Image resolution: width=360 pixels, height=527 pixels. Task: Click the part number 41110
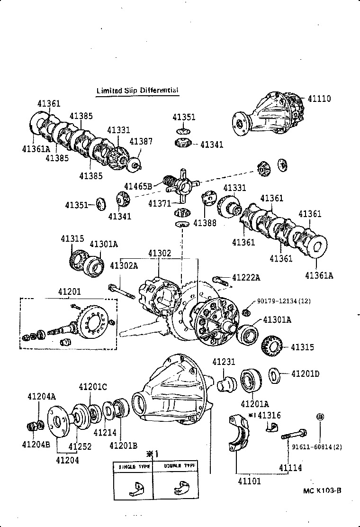click(319, 99)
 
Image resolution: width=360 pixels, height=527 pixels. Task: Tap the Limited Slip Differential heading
click(137, 90)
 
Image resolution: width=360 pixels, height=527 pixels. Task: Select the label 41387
click(141, 141)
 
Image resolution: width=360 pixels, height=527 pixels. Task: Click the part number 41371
click(160, 203)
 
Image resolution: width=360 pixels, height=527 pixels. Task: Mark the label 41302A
click(124, 266)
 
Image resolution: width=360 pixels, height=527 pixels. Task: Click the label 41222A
click(246, 277)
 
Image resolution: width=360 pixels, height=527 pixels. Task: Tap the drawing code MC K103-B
click(323, 491)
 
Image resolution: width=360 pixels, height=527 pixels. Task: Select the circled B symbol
click(320, 417)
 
